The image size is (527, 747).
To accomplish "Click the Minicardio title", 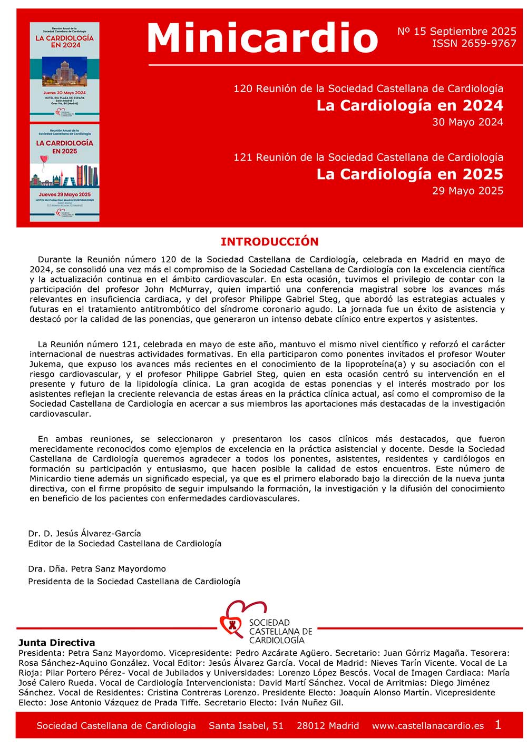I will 262,38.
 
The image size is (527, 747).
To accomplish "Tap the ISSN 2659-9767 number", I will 474,44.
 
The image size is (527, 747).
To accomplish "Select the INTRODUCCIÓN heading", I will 269,242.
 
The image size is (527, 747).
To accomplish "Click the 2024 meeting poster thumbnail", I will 64,72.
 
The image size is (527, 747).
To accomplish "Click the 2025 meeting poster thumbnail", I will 64,173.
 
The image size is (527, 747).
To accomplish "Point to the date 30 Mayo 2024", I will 467,122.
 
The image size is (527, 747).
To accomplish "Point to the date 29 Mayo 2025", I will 467,191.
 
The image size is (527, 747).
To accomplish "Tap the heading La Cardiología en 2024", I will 409,105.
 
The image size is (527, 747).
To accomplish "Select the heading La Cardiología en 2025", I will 409,174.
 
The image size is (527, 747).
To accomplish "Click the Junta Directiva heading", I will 56,643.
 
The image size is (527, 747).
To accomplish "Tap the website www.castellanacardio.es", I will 427,726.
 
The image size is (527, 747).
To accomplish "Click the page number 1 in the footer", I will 498,725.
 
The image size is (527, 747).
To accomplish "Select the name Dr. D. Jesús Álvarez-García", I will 84,533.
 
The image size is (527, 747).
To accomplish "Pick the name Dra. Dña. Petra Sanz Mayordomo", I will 97,569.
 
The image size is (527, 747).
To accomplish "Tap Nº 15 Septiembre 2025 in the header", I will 456,32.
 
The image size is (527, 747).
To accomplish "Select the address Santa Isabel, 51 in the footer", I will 246,726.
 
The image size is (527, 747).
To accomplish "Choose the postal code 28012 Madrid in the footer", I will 328,726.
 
